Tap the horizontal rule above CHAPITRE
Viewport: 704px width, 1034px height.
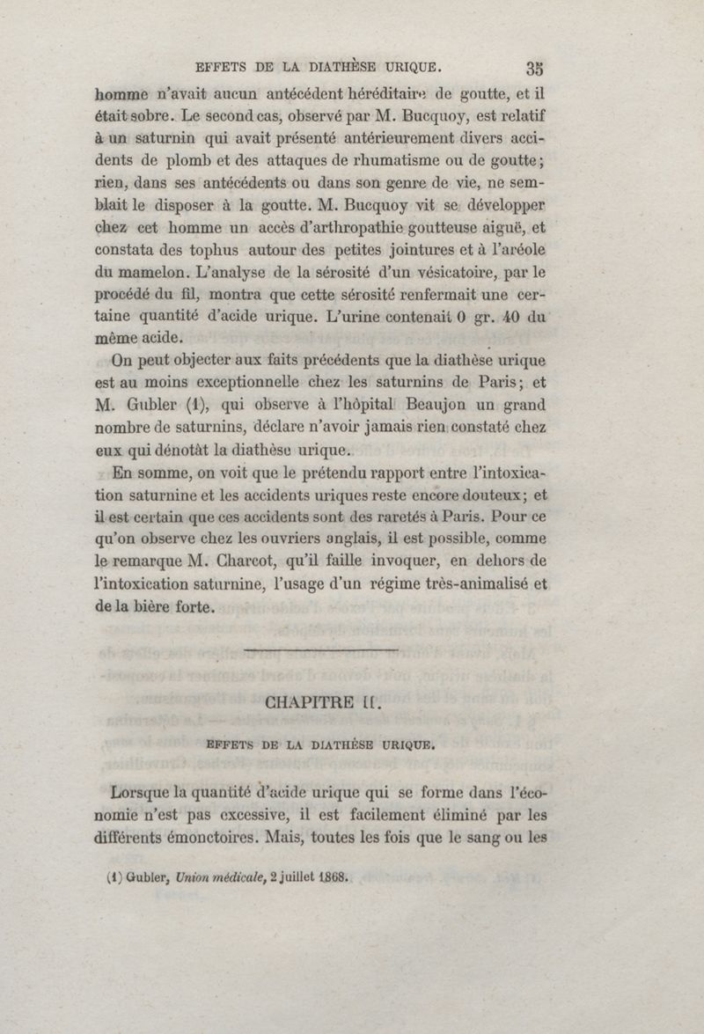point(320,649)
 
